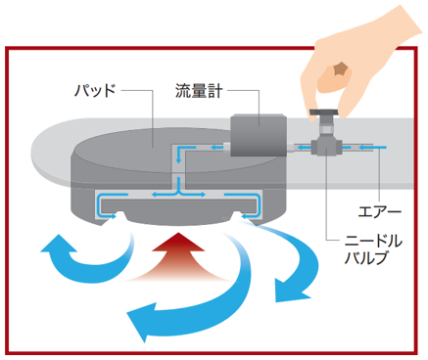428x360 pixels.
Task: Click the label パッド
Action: pos(95,90)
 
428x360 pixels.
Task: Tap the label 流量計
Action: pos(199,91)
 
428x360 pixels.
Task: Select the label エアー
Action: pos(380,212)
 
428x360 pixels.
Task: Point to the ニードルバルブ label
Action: pos(373,249)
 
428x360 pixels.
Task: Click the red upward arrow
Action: pos(178,257)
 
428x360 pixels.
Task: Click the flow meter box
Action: pos(259,135)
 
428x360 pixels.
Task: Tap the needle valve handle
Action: pos(323,112)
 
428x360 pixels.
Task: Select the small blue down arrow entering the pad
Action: pos(178,155)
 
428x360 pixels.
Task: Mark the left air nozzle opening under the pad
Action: pos(117,217)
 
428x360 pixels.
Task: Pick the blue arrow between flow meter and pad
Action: pos(217,148)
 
